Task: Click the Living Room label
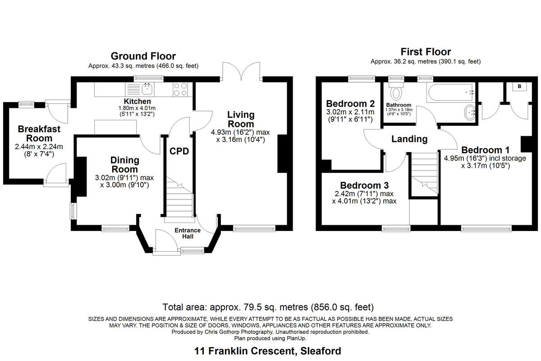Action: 241,119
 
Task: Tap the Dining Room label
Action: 125,164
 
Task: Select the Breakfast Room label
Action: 39,133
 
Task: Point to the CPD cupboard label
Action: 179,151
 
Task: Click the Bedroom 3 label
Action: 364,185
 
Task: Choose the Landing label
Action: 409,139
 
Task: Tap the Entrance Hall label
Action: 188,233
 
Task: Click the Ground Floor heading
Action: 143,56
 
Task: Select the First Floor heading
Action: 426,51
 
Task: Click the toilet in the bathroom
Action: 397,93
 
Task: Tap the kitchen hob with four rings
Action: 181,89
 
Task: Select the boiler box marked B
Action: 519,86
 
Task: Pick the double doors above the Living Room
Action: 242,71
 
